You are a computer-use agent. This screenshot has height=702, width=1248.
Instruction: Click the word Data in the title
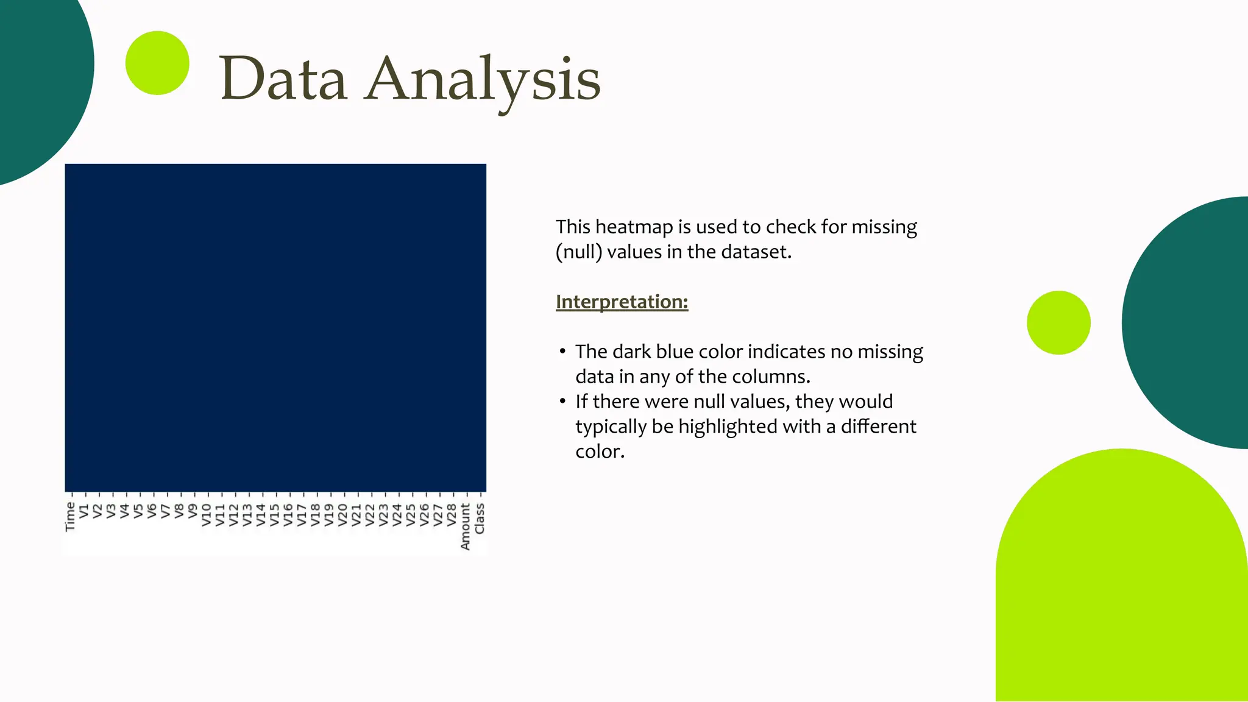[283, 79]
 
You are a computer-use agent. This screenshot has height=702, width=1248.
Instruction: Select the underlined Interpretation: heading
[622, 302]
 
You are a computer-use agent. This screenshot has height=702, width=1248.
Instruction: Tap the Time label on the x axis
[71, 517]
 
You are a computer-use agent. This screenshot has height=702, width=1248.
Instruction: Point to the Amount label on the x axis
[466, 526]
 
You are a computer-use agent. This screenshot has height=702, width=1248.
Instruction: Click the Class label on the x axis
[480, 519]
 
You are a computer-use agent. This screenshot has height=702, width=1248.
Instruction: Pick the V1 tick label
[84, 511]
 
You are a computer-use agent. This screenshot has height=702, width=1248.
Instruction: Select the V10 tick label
[206, 514]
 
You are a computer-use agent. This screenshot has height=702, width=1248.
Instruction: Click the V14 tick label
[261, 514]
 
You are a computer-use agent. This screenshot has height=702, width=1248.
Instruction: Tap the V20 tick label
[342, 514]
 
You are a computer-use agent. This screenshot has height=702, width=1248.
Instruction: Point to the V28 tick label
[452, 514]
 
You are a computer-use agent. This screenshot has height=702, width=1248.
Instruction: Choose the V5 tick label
[138, 511]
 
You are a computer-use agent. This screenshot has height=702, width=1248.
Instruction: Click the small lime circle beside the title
[157, 63]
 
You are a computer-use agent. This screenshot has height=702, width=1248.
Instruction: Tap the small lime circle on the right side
[1058, 322]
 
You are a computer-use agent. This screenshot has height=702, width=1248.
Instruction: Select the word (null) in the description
[578, 252]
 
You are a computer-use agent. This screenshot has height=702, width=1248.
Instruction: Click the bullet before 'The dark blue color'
[562, 352]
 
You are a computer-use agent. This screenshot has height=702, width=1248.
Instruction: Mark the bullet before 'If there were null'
[562, 402]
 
